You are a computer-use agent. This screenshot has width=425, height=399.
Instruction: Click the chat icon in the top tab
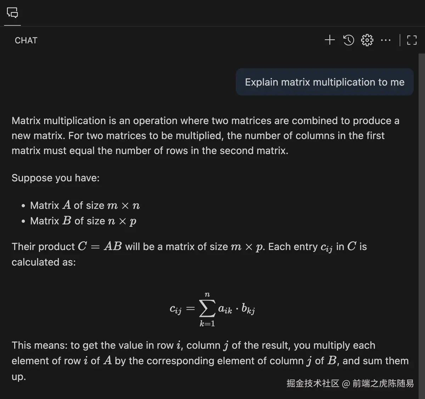click(12, 13)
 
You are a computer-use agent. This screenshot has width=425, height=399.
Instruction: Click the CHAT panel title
click(26, 40)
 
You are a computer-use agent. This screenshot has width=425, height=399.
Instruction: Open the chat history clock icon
click(348, 40)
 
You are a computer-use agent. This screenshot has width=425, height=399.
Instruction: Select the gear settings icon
click(367, 40)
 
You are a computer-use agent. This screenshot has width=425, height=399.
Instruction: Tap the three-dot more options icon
click(386, 40)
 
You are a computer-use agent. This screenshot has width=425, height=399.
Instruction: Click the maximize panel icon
click(412, 40)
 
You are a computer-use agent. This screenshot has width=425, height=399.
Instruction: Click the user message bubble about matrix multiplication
click(324, 82)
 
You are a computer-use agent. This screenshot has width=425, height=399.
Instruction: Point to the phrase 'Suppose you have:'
click(56, 178)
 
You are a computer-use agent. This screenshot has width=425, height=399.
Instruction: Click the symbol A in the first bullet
click(67, 205)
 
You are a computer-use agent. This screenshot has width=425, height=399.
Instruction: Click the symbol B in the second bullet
click(67, 221)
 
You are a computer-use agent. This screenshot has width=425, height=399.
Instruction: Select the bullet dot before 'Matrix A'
click(23, 206)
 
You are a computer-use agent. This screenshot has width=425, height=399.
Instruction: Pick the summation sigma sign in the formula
click(207, 308)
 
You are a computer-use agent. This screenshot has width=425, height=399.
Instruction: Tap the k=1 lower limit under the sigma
click(207, 324)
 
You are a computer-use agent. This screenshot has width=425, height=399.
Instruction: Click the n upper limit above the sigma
click(207, 295)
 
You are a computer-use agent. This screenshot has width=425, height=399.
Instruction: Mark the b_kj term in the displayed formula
click(248, 309)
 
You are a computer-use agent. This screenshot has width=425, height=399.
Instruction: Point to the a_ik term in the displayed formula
click(225, 309)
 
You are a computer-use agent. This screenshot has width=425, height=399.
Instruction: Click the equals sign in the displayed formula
click(191, 309)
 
